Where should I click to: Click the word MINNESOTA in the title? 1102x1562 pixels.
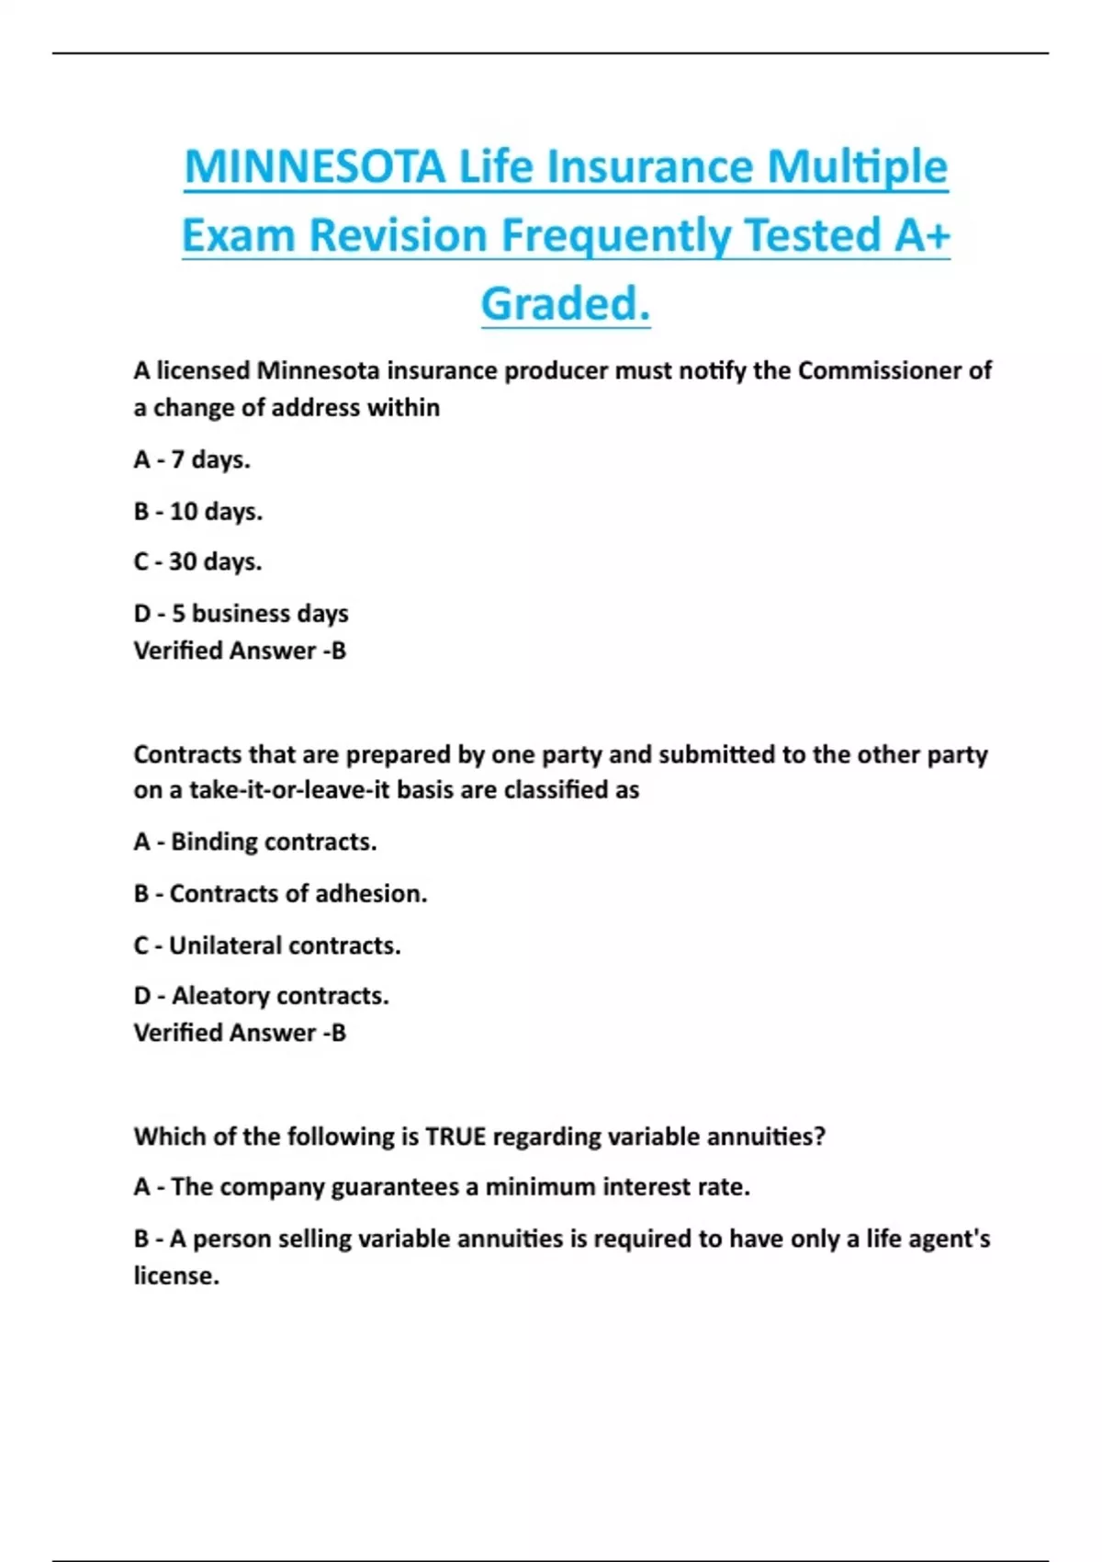click(x=315, y=167)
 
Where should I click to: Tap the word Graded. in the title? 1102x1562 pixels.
click(x=566, y=303)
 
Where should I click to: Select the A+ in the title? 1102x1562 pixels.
click(x=921, y=235)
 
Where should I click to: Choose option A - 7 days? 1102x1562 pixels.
click(x=192, y=459)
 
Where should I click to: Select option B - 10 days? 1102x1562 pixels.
click(x=198, y=511)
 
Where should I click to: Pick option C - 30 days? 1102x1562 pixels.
click(x=197, y=561)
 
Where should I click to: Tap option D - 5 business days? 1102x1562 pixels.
click(x=242, y=613)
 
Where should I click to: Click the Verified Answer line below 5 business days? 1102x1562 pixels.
click(x=240, y=651)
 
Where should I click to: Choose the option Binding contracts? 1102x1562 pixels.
click(x=255, y=842)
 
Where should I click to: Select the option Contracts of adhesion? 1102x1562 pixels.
click(x=280, y=893)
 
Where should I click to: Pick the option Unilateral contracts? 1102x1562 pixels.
click(x=267, y=945)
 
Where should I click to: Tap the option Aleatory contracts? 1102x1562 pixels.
click(x=262, y=996)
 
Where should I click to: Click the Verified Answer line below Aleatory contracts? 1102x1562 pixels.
click(x=240, y=1033)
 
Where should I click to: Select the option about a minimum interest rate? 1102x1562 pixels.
click(x=442, y=1187)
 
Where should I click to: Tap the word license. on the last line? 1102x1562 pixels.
click(x=176, y=1276)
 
